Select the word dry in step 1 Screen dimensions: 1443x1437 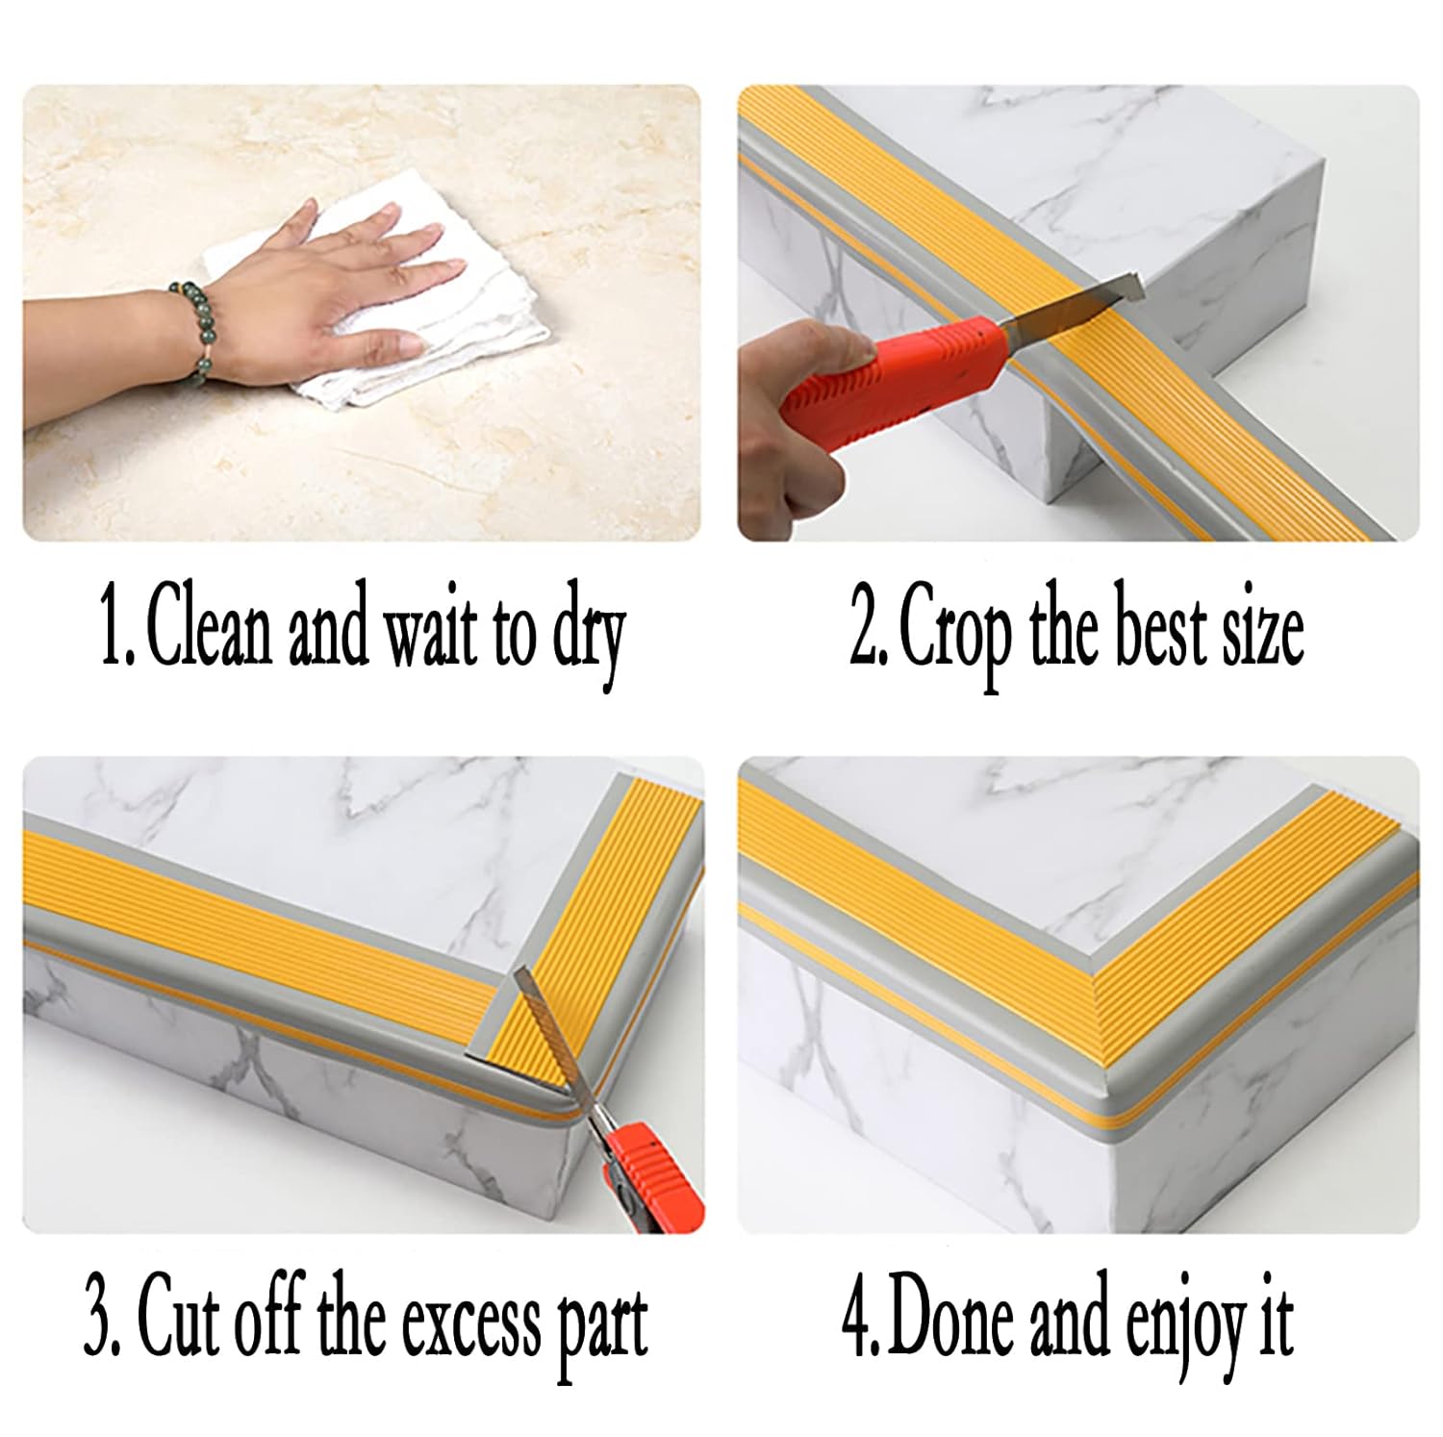click(x=589, y=640)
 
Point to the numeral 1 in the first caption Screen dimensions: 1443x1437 click(x=113, y=636)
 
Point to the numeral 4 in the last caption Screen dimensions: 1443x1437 click(x=855, y=1322)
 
